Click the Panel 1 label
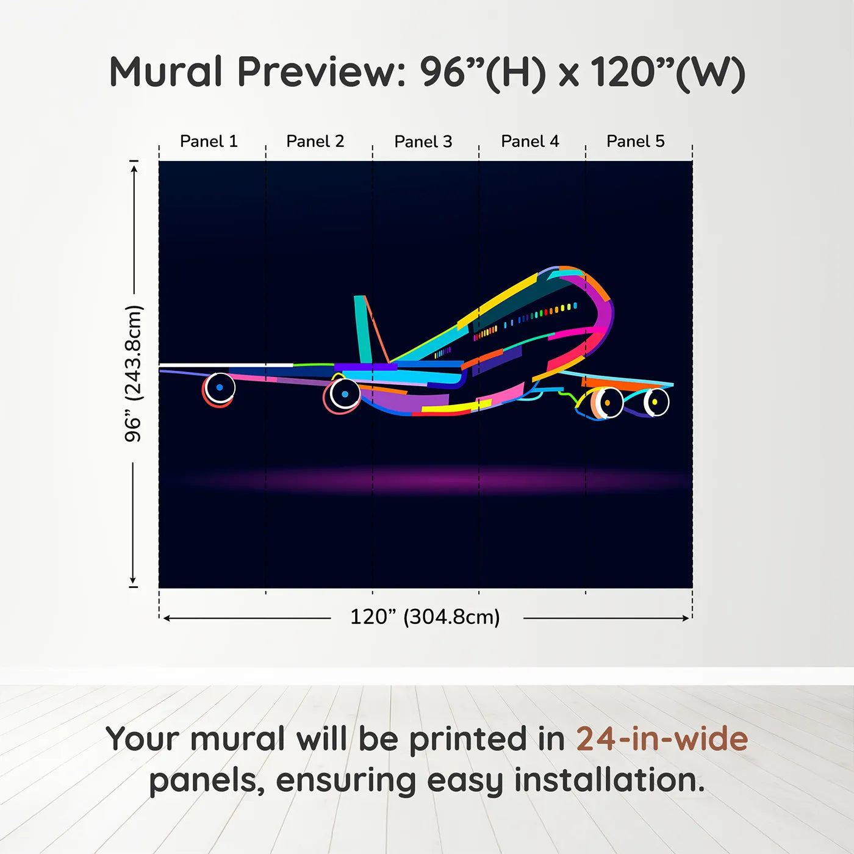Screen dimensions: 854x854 [209, 142]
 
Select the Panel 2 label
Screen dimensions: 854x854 [315, 142]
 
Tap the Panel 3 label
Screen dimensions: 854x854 [423, 142]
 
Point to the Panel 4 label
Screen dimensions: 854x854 [530, 142]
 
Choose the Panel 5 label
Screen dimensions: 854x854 [636, 142]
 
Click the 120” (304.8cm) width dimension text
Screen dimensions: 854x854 [425, 617]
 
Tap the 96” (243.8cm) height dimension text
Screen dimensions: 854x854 [133, 373]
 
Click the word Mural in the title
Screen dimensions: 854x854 [166, 72]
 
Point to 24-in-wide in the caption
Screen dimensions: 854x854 [662, 739]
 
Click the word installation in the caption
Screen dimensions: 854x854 [609, 780]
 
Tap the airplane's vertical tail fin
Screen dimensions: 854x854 [364, 329]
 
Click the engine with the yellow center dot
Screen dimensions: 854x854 [655, 402]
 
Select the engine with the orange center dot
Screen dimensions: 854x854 [607, 403]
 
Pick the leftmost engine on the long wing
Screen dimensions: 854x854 [220, 387]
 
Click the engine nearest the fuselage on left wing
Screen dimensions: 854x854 [345, 394]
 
